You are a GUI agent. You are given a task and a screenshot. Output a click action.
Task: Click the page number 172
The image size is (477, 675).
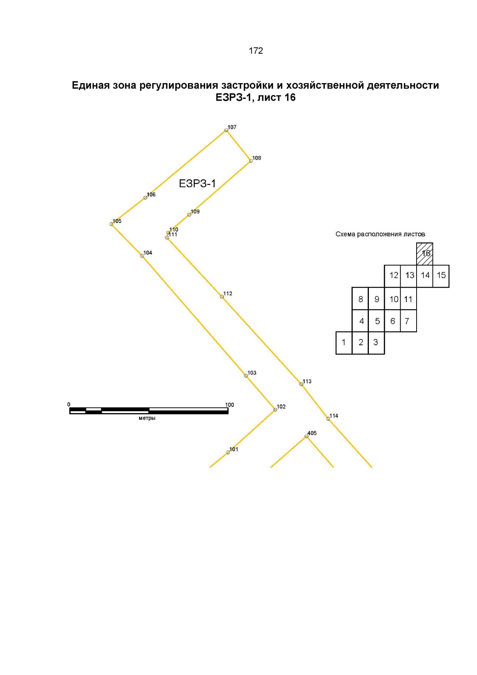256,50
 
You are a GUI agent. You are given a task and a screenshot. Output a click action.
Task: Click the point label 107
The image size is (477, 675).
232,127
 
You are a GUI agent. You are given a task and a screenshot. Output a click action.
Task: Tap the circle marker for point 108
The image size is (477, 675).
251,161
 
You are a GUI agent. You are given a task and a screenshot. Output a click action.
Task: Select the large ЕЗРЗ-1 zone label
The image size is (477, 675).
198,184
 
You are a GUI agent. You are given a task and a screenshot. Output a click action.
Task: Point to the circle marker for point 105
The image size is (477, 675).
111,224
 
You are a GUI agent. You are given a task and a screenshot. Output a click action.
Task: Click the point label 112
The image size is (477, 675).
228,293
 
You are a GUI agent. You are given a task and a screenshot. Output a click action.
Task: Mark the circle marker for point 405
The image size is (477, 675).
306,436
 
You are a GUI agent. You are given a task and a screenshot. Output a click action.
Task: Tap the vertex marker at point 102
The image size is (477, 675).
275,410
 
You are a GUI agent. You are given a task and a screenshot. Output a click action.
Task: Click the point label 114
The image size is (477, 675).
334,416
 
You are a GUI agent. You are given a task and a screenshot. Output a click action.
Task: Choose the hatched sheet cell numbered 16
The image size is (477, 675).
424,254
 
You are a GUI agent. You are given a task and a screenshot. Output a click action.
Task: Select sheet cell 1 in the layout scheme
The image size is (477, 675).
343,343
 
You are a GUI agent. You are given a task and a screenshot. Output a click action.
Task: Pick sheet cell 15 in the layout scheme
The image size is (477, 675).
441,276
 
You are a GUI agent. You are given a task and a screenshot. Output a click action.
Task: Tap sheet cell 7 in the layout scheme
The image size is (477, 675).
408,321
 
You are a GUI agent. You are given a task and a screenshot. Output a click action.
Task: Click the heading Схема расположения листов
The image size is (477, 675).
380,234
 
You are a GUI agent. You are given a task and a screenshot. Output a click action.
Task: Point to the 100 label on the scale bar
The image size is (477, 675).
229,405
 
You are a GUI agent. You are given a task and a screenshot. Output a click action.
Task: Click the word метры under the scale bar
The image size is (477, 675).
147,418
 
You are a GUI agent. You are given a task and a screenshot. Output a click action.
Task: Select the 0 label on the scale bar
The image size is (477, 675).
69,404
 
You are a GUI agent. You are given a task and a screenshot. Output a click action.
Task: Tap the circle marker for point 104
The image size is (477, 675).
142,256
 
